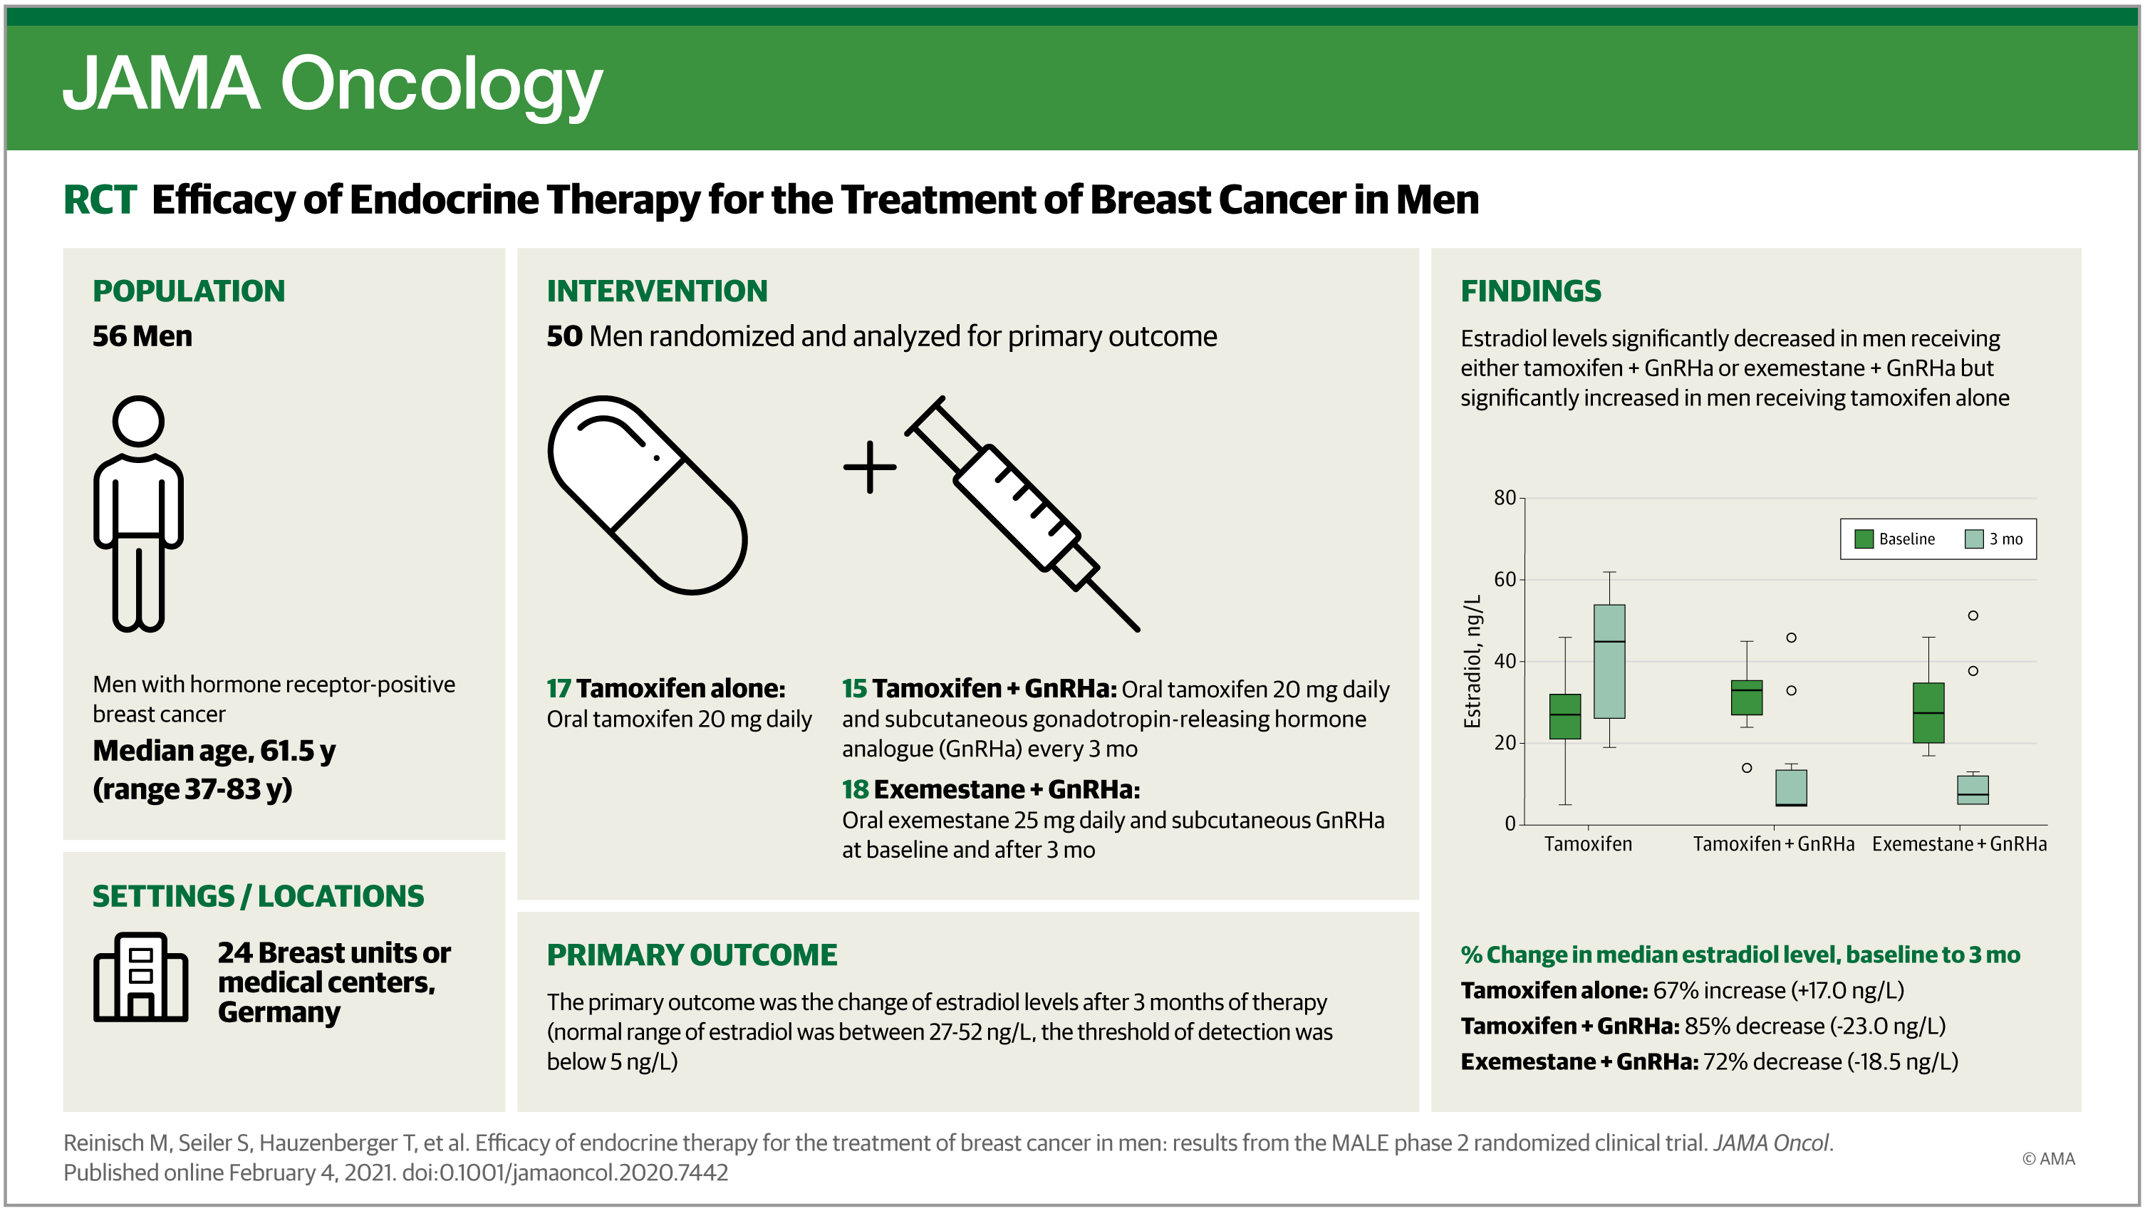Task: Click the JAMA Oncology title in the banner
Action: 332,85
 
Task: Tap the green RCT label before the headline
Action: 99,200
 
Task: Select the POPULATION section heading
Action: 189,291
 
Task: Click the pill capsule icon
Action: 647,494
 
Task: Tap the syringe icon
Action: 1022,513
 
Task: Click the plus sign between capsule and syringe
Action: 869,467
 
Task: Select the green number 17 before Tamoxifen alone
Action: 559,689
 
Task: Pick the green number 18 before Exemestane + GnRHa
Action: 855,789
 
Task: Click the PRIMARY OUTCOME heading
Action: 692,955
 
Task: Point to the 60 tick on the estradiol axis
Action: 1505,580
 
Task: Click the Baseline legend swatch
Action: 1864,539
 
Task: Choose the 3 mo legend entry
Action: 1993,539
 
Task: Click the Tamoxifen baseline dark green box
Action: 1565,717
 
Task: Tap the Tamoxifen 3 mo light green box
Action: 1609,661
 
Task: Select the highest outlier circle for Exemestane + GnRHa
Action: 1973,615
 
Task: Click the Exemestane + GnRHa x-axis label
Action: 1959,843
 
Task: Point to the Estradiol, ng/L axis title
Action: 1473,661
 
